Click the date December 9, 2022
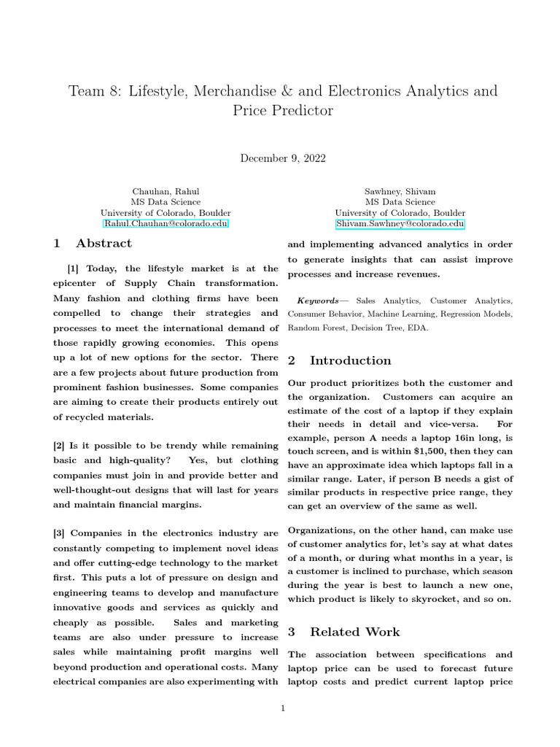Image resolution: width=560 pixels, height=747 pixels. [283, 158]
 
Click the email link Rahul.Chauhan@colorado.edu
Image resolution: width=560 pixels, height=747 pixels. [166, 224]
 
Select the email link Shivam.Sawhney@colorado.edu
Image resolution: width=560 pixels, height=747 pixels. [400, 224]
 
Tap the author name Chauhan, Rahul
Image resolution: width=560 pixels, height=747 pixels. [166, 191]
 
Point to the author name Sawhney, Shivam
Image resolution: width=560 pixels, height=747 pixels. [400, 191]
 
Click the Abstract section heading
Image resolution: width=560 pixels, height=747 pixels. [103, 244]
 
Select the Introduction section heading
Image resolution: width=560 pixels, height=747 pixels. [350, 360]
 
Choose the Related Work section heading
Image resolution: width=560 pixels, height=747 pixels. [354, 632]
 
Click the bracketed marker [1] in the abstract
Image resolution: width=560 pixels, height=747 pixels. [74, 269]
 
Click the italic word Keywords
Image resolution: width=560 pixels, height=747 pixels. [318, 301]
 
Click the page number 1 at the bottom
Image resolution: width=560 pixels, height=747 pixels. [283, 708]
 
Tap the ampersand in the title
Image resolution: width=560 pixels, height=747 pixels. [299, 91]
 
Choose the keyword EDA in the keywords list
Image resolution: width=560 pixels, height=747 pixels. [418, 328]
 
